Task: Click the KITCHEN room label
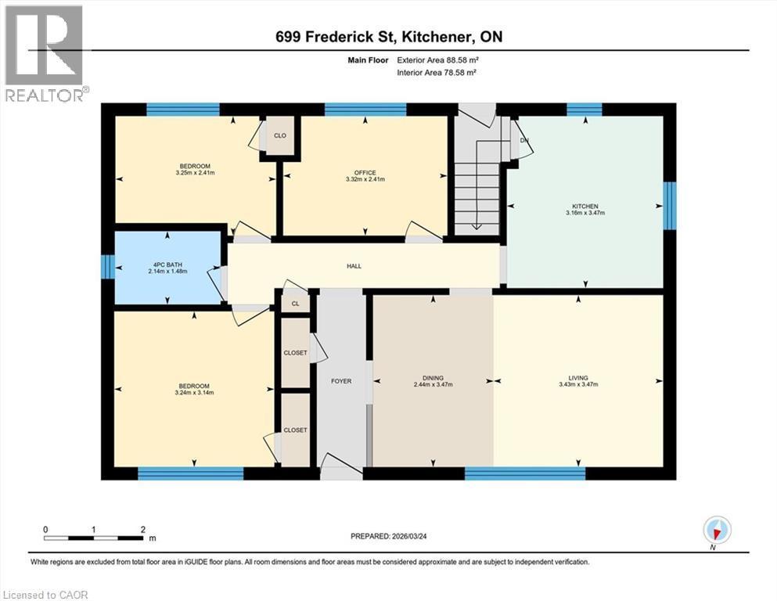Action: (585, 206)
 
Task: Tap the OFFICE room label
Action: (365, 173)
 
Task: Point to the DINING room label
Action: (433, 378)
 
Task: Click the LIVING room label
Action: (579, 378)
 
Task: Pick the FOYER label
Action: (341, 381)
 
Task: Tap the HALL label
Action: (354, 266)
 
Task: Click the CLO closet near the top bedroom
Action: (280, 135)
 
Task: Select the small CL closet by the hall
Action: (295, 304)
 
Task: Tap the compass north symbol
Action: (717, 531)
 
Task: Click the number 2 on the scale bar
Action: (142, 529)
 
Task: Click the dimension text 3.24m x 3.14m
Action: (194, 393)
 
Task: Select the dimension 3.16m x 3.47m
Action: (585, 212)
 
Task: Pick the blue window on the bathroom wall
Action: (108, 267)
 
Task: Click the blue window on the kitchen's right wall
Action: (670, 206)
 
